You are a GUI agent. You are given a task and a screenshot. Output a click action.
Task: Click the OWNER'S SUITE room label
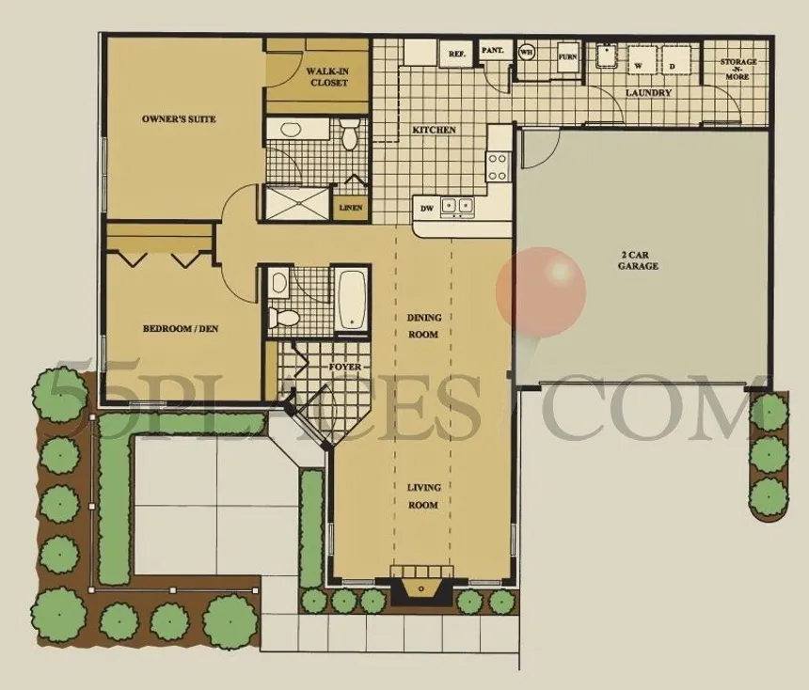coord(179,119)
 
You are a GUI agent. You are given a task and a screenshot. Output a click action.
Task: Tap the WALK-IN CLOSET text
coord(327,77)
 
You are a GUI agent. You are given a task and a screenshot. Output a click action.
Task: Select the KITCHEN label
coord(434,130)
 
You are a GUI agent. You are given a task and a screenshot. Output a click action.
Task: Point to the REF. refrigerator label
coord(457,55)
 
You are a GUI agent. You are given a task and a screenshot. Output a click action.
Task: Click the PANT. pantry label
coord(492,50)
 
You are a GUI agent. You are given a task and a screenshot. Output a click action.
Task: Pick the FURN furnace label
coord(567,56)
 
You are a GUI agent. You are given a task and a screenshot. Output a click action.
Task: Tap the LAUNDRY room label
coord(648,93)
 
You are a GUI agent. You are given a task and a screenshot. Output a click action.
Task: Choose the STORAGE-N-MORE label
coord(737,69)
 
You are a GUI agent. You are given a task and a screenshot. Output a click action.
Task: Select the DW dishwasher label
coord(426,208)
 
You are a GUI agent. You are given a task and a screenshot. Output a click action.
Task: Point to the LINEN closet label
coord(351,207)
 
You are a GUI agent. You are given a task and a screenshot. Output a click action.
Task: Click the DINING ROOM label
coord(423,326)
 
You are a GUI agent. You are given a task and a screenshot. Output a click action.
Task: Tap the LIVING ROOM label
coord(423,496)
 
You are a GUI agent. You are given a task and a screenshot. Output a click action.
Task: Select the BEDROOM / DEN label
coord(181,329)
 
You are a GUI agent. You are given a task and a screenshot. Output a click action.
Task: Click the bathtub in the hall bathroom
coord(352,300)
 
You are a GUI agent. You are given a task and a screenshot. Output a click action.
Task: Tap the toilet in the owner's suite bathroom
coord(350,135)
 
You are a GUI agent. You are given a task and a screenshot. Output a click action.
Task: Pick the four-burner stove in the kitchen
coord(497,167)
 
